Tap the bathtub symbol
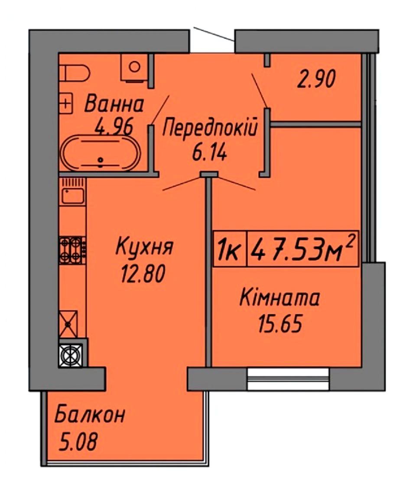pyautogui.click(x=101, y=153)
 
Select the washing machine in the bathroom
pyautogui.click(x=134, y=68)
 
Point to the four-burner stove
pyautogui.click(x=72, y=250)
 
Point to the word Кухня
pyautogui.click(x=144, y=247)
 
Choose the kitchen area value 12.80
pyautogui.click(x=143, y=274)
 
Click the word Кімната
pyautogui.click(x=279, y=298)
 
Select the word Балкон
pyautogui.click(x=90, y=415)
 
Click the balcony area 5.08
pyautogui.click(x=78, y=441)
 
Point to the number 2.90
pyautogui.click(x=316, y=79)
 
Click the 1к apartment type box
pyautogui.click(x=230, y=249)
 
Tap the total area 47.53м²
pyautogui.click(x=303, y=249)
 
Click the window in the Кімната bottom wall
pyautogui.click(x=289, y=379)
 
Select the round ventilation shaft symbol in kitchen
pyautogui.click(x=71, y=355)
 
